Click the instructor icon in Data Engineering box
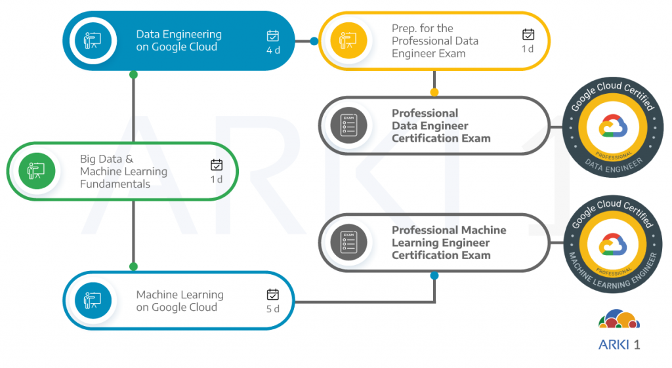pyautogui.click(x=91, y=41)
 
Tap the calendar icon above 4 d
pyautogui.click(x=273, y=35)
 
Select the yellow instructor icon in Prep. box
pyautogui.click(x=347, y=41)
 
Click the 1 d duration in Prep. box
pyautogui.click(x=528, y=49)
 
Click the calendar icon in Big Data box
pyautogui.click(x=217, y=165)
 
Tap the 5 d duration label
pyautogui.click(x=273, y=309)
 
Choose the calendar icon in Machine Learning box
pyautogui.click(x=273, y=295)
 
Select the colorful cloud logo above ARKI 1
pyautogui.click(x=619, y=319)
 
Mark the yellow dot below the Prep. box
pyautogui.click(x=434, y=92)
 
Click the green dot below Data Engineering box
pyautogui.click(x=134, y=75)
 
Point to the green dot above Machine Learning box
pyautogui.click(x=134, y=266)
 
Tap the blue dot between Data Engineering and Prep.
pyautogui.click(x=314, y=41)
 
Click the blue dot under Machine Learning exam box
pyautogui.click(x=434, y=276)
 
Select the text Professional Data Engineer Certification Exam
pyautogui.click(x=441, y=125)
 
